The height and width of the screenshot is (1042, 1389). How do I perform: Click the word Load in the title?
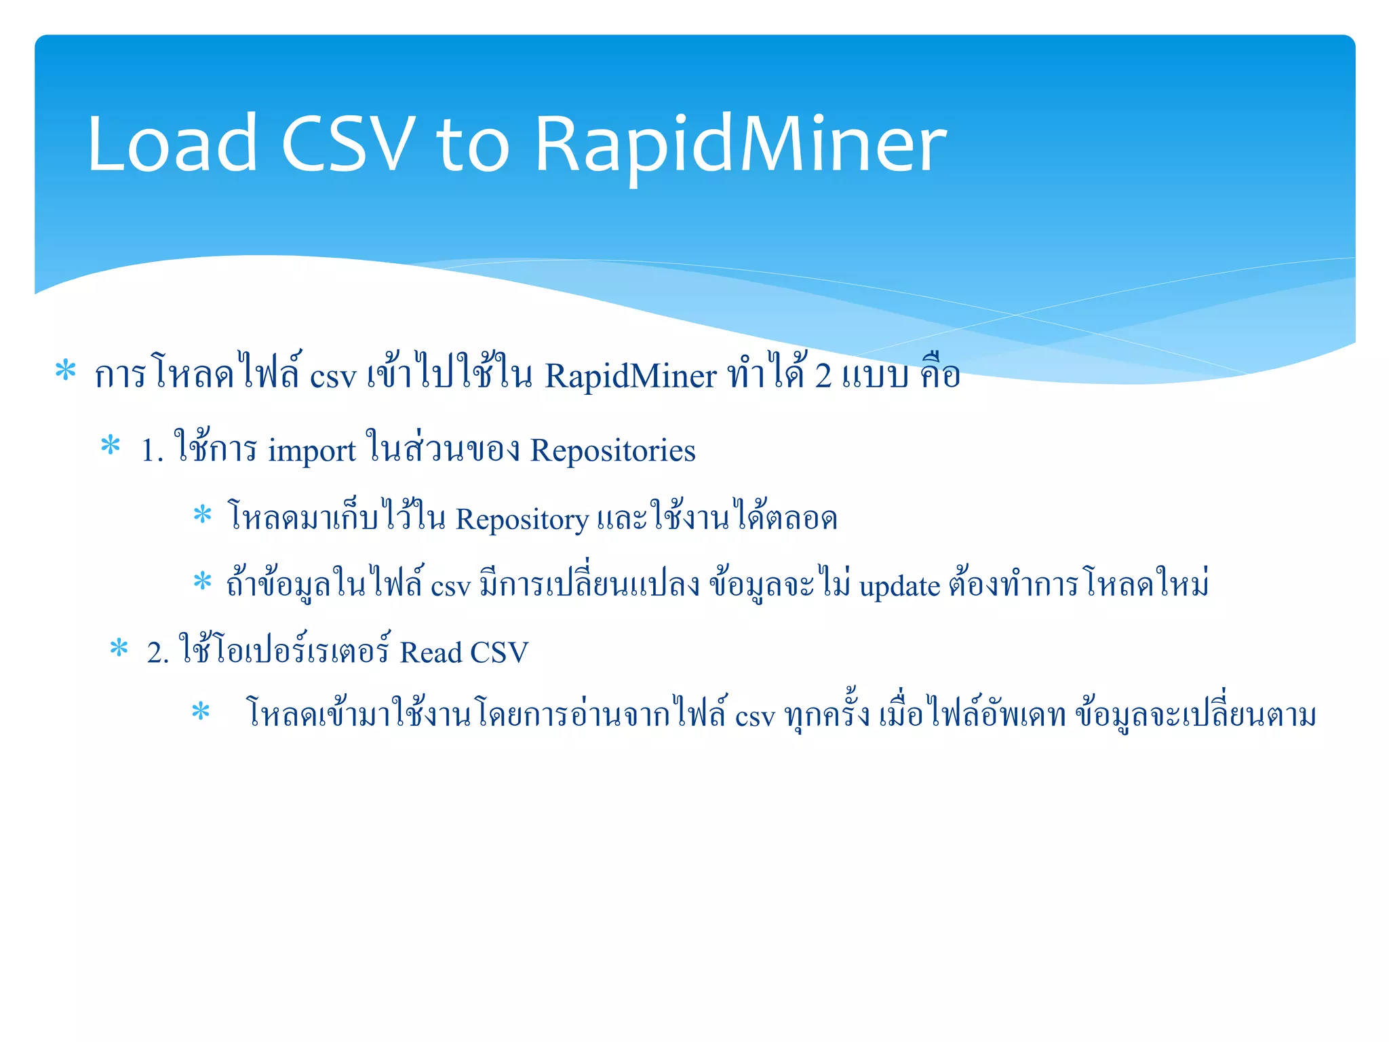point(172,144)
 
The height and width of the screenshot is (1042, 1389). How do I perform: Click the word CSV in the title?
point(347,144)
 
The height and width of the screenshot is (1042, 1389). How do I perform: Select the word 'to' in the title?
point(473,144)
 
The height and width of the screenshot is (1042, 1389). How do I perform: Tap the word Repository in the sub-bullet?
point(522,520)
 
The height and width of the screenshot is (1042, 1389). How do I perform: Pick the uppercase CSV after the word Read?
point(498,653)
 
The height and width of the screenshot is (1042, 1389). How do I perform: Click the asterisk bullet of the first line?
point(65,371)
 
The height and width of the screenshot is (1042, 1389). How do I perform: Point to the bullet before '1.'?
point(110,446)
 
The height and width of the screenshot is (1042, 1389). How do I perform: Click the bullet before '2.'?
point(119,648)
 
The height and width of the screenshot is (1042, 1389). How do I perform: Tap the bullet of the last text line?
point(201,712)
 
